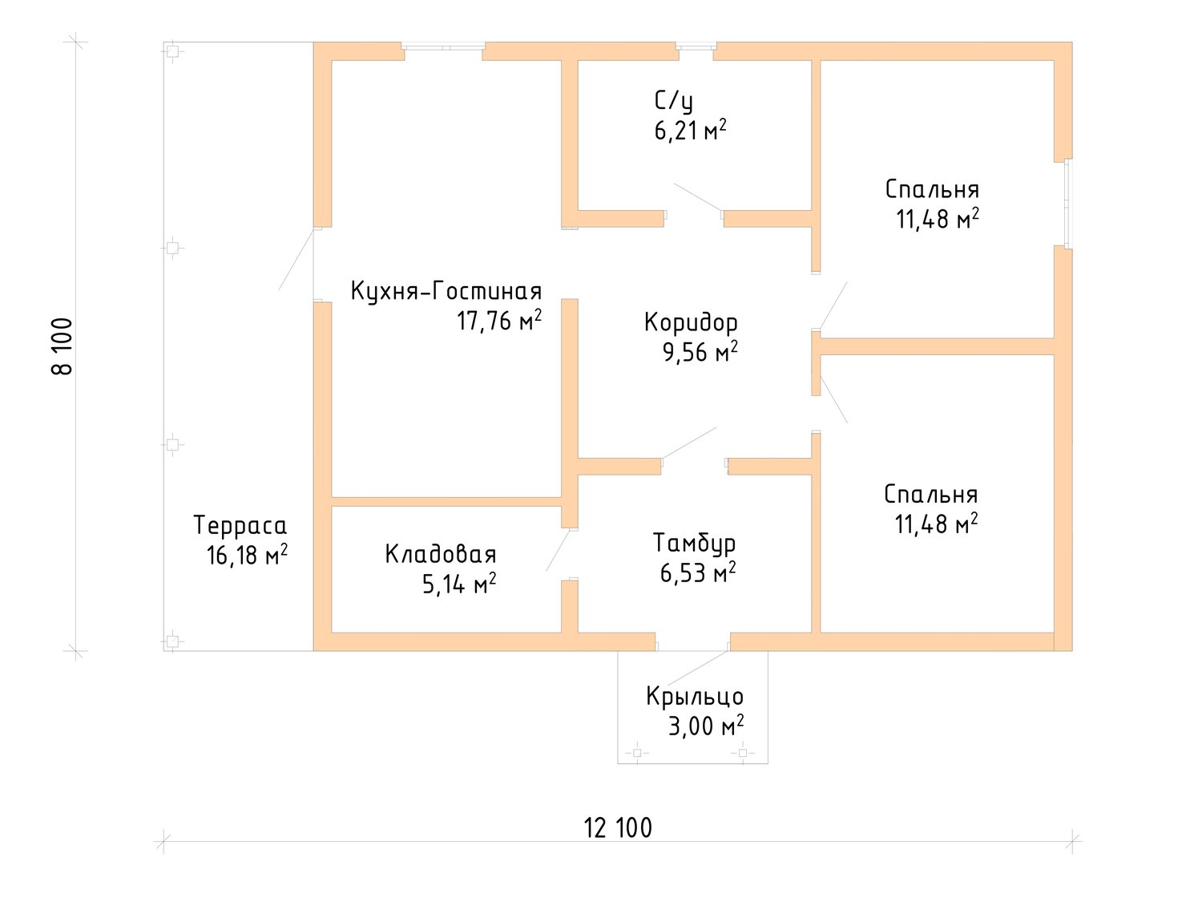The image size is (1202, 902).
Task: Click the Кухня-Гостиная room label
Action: [446, 291]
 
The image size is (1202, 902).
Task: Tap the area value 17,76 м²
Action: [499, 321]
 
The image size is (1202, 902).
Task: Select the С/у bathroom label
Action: [674, 102]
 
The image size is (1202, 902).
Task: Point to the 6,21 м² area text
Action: [691, 131]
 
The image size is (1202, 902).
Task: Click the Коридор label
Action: [691, 322]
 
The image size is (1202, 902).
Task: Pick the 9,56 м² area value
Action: [700, 352]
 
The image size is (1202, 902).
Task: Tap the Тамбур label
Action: [695, 543]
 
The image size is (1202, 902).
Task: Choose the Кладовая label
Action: [441, 554]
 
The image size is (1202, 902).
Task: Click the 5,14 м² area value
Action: [459, 584]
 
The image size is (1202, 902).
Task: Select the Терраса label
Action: [240, 525]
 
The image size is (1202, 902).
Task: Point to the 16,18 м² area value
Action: [247, 556]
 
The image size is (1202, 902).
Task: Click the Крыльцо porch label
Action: [695, 696]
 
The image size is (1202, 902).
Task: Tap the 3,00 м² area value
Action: [706, 726]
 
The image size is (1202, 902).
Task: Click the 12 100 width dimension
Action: [619, 827]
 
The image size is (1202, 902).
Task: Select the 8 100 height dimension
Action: [62, 346]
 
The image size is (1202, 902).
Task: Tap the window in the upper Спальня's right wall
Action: [1067, 204]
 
